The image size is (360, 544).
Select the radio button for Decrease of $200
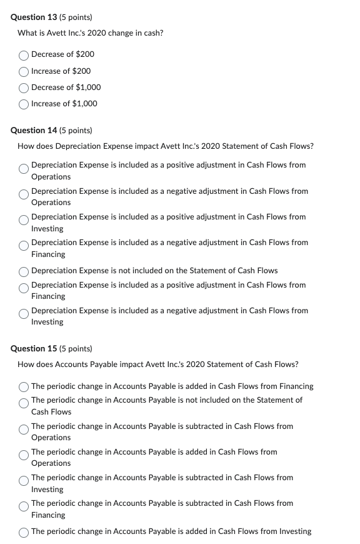[24, 54]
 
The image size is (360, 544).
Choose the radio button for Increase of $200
[24, 71]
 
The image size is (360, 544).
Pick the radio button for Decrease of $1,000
[24, 88]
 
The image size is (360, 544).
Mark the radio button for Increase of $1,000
[24, 104]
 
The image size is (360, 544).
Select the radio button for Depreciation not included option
[24, 271]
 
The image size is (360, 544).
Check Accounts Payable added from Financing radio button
[24, 386]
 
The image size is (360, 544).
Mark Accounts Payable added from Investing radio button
[24, 531]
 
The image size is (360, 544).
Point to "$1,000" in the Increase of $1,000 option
[85, 104]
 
